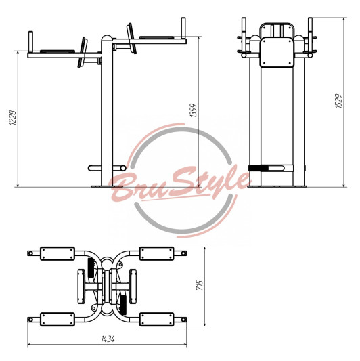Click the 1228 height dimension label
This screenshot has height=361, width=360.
tap(12, 118)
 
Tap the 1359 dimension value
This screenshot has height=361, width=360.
tap(194, 110)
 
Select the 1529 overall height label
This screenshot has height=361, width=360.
tap(338, 101)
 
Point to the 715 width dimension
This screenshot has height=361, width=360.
tap(200, 285)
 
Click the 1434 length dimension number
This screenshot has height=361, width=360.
tap(108, 339)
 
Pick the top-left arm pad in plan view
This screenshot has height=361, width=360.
tap(58, 253)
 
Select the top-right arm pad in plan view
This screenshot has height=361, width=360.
tap(156, 253)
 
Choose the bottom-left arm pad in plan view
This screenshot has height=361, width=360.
tap(58, 319)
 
